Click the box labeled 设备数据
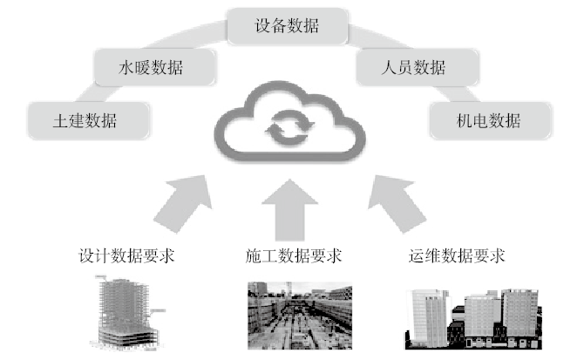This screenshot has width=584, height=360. [x=287, y=25]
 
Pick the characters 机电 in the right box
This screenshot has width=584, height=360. [x=471, y=120]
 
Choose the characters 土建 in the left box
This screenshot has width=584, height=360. [x=66, y=120]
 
